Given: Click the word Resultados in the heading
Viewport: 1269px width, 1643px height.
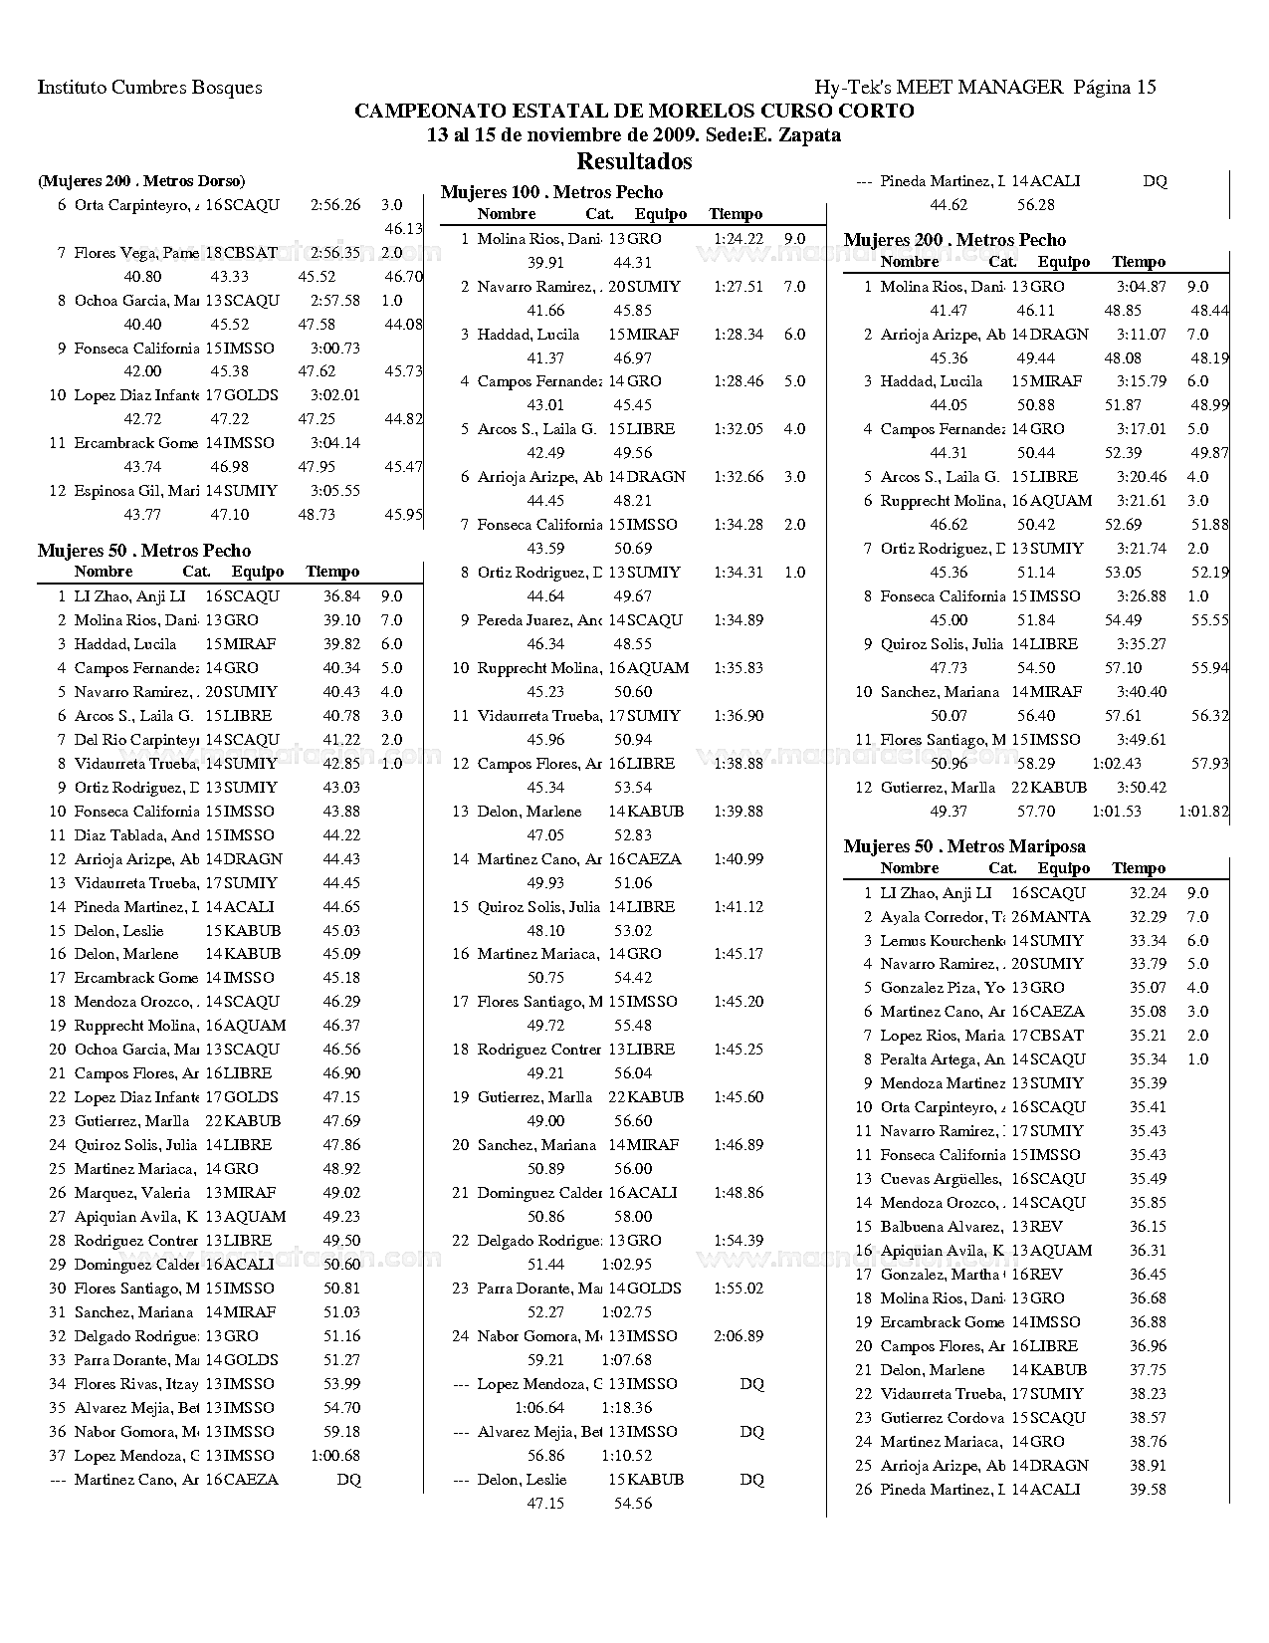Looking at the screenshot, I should (634, 161).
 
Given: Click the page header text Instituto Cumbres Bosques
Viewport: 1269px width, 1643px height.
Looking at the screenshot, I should (150, 88).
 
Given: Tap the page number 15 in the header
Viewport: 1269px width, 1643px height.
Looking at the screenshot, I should (1146, 88).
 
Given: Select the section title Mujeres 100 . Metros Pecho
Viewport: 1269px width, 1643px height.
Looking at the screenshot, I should (551, 192).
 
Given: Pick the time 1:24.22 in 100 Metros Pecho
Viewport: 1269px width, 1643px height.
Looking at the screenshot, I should (739, 239).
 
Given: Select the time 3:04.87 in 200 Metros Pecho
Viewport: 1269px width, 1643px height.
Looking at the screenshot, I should (1142, 287).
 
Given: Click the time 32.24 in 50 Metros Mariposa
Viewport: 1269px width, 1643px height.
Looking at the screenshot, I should (1148, 893).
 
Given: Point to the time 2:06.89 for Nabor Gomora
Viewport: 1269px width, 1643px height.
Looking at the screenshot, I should (739, 1336).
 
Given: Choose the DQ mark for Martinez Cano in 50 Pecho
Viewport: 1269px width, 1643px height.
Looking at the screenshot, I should (348, 1480).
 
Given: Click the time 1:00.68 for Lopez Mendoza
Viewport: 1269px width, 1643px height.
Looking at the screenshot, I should (335, 1456).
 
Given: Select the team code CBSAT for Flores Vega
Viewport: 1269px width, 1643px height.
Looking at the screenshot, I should (251, 253).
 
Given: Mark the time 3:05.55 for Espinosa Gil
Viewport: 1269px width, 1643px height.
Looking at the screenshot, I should (334, 491).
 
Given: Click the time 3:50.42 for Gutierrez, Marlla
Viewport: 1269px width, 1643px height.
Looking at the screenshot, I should (1142, 788).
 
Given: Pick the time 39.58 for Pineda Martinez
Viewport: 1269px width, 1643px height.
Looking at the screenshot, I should (1148, 1490).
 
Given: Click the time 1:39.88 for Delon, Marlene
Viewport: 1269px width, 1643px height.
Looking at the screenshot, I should (739, 812).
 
